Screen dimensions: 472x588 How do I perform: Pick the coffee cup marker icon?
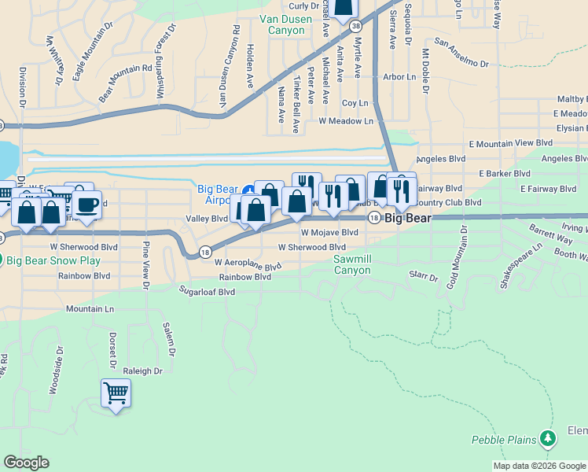pyautogui.click(x=87, y=205)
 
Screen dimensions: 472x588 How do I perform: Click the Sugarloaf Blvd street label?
pyautogui.click(x=208, y=291)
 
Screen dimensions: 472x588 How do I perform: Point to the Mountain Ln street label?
pyautogui.click(x=90, y=309)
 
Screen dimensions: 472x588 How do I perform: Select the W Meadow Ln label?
pyautogui.click(x=346, y=121)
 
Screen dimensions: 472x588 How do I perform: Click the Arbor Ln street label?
pyautogui.click(x=399, y=77)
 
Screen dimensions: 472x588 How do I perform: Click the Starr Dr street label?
pyautogui.click(x=423, y=276)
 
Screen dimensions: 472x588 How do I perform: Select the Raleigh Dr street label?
pyautogui.click(x=142, y=371)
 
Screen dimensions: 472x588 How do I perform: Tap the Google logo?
pyautogui.click(x=27, y=463)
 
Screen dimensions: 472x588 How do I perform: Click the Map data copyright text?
pyautogui.click(x=538, y=466)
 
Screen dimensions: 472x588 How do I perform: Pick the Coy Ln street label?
pyautogui.click(x=355, y=103)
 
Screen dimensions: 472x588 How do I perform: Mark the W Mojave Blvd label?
pyautogui.click(x=329, y=233)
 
